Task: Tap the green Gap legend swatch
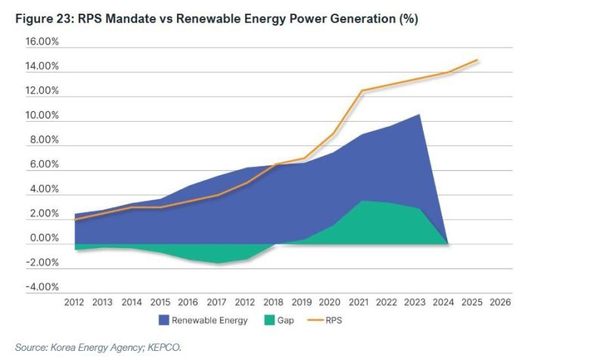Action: (267, 321)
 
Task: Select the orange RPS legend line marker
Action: (317, 321)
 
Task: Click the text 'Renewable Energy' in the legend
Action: (210, 321)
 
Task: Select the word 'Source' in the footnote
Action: (31, 347)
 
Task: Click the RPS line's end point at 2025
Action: (477, 60)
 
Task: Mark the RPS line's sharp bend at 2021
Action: (362, 91)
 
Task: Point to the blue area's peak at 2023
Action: (420, 114)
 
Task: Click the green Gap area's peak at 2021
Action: (362, 200)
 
